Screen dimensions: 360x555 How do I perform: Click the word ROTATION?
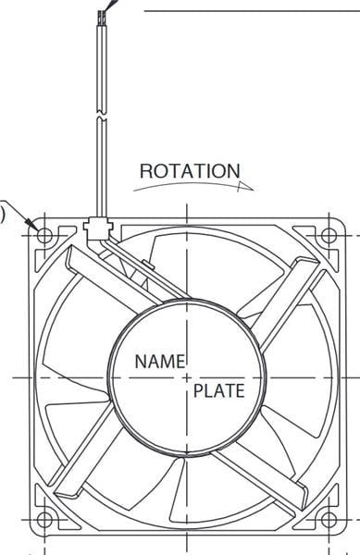[190, 171]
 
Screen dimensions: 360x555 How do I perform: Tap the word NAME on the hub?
[160, 362]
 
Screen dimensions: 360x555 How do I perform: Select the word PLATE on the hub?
[218, 390]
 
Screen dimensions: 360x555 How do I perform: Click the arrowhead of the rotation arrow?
[245, 187]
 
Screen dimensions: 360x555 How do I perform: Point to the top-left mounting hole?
[44, 235]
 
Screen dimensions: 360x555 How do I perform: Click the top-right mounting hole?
[329, 235]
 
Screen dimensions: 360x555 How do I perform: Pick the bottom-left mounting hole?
[44, 520]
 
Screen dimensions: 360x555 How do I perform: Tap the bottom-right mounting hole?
[329, 520]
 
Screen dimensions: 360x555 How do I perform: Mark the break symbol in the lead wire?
[102, 117]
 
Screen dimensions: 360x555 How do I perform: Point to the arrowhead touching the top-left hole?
[34, 225]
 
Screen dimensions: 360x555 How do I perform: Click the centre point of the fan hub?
[187, 377]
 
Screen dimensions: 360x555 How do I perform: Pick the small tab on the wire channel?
[148, 265]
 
